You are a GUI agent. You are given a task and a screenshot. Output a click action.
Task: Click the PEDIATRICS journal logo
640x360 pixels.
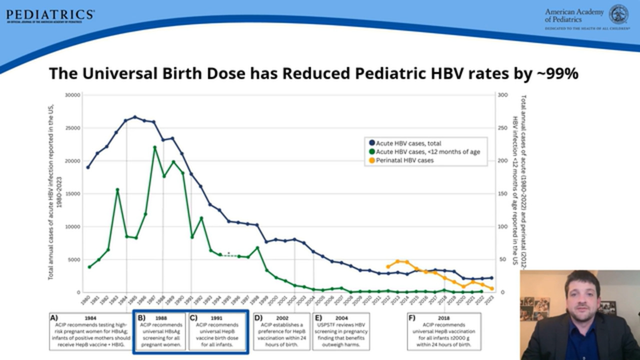[x=50, y=15]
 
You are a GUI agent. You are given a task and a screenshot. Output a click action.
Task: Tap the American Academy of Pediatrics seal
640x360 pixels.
[x=618, y=14]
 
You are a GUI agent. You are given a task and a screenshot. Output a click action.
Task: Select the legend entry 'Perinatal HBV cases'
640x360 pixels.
[x=404, y=160]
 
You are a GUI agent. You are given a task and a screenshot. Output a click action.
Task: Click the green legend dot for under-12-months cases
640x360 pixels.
[x=371, y=151]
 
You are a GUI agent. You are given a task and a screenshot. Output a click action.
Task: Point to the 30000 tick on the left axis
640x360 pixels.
[x=72, y=94]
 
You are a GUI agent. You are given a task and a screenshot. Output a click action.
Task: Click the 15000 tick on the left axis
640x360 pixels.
[x=72, y=193]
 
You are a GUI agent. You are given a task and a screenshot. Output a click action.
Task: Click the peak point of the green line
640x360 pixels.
[x=154, y=147]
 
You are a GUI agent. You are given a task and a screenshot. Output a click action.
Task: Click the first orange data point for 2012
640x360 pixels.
[x=388, y=266]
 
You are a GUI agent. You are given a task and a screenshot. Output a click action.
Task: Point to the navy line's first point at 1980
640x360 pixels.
[x=88, y=167]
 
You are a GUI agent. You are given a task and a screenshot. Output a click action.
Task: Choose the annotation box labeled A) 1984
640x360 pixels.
[x=90, y=331]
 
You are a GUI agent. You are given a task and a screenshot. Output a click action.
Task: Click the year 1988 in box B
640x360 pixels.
[x=161, y=317]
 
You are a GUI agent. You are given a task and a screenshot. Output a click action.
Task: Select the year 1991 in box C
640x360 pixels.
[x=217, y=317]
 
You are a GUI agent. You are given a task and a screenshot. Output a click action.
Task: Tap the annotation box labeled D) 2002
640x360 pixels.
[x=281, y=331]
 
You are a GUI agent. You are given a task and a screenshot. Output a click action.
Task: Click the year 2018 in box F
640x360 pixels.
[x=444, y=317]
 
